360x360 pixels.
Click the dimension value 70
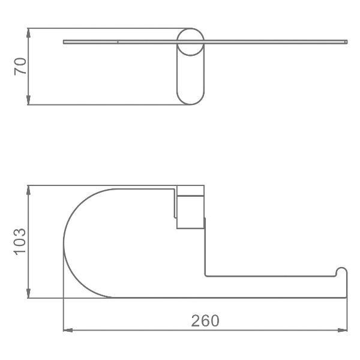pyautogui.click(x=20, y=67)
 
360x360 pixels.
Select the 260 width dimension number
pyautogui.click(x=205, y=320)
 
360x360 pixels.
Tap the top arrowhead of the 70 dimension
pyautogui.click(x=28, y=33)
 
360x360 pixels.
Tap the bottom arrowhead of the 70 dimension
pyautogui.click(x=28, y=100)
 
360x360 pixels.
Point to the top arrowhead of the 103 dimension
pyautogui.click(x=28, y=190)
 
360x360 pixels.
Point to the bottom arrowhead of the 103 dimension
pyautogui.click(x=28, y=293)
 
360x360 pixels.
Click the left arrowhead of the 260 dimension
pyautogui.click(x=68, y=330)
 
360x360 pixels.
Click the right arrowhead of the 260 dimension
pyautogui.click(x=343, y=330)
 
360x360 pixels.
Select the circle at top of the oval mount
pyautogui.click(x=190, y=28)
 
